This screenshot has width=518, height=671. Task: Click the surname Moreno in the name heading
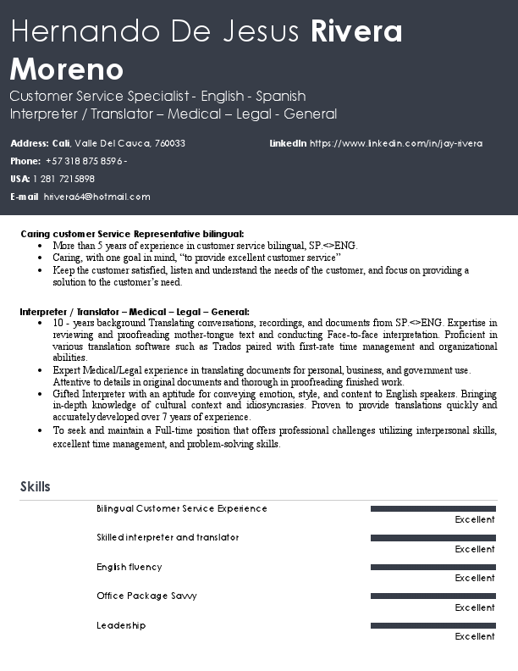click(67, 69)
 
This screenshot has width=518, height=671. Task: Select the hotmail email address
click(96, 197)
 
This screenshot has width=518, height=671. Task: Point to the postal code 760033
click(170, 143)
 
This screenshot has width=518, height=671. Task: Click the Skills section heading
click(35, 486)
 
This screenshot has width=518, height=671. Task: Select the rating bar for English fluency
click(433, 568)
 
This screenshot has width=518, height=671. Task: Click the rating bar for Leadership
click(433, 626)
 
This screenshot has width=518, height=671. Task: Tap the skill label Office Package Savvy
click(146, 596)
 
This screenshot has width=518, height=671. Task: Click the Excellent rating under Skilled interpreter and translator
click(474, 549)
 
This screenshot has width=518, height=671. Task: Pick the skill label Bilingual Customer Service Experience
click(181, 508)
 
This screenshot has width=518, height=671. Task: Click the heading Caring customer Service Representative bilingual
click(132, 233)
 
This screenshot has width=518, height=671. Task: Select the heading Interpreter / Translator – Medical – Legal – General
click(135, 312)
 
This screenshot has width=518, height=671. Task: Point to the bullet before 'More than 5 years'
click(42, 246)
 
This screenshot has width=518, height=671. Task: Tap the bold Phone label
click(25, 161)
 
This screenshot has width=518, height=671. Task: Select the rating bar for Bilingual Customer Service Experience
click(433, 509)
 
